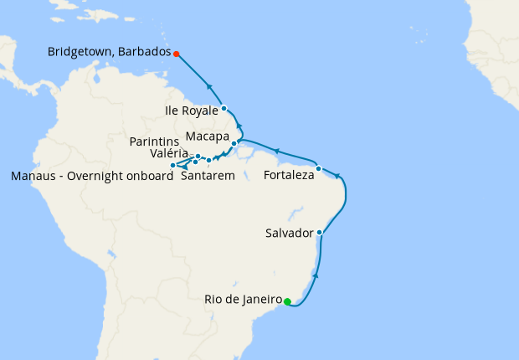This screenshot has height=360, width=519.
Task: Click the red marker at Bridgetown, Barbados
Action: point(177,54)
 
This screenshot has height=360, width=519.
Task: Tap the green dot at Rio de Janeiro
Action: point(287,301)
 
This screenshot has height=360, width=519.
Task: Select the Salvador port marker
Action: point(320,233)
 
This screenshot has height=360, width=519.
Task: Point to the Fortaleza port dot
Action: point(319,168)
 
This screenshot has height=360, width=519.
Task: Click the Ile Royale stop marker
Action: point(224,109)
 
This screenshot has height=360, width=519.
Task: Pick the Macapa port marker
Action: point(234,143)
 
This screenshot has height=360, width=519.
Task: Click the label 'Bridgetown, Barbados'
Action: point(109,52)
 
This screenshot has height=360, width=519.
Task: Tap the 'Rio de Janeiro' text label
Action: point(242,299)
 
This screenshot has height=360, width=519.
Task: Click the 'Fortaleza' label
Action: point(289,176)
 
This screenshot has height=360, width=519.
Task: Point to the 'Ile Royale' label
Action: point(193,109)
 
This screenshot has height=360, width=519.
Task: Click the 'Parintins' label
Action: point(155,141)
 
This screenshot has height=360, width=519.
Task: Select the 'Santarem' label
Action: point(207,176)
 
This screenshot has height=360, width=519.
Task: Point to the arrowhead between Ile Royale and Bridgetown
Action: point(208,86)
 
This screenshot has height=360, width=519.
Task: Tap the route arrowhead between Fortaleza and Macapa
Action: point(275,152)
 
